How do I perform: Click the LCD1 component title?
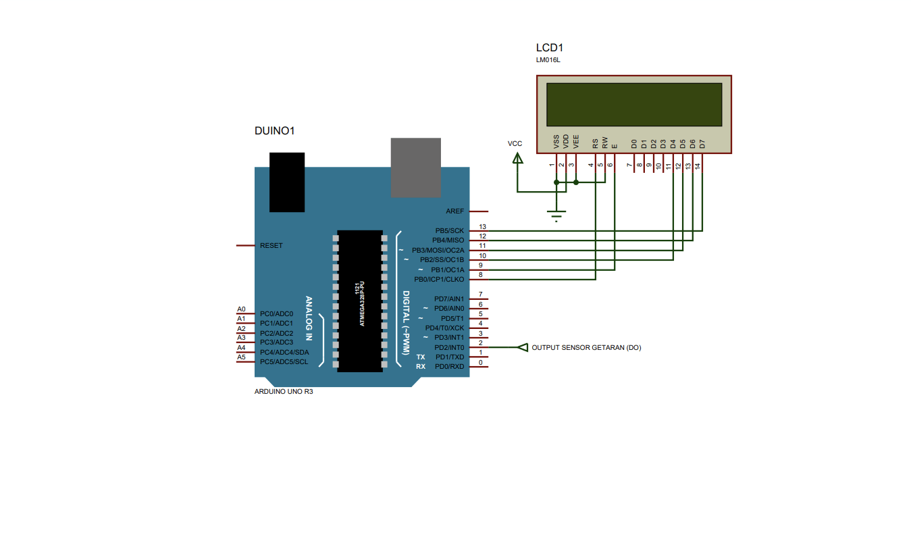pos(549,48)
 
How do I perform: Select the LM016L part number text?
pos(548,60)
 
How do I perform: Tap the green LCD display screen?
pos(633,105)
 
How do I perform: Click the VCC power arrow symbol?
pos(517,158)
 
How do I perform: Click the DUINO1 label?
pos(274,130)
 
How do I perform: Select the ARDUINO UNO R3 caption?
pos(284,391)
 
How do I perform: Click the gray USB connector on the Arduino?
pos(416,168)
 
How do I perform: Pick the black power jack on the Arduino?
pos(287,182)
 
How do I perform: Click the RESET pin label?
pos(271,246)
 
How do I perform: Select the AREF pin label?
pos(454,211)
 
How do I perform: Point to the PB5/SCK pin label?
pos(449,231)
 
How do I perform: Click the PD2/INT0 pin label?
pos(448,347)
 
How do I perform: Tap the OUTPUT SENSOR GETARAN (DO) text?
pos(586,348)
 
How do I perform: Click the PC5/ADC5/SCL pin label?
pos(284,362)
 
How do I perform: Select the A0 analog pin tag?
pos(241,309)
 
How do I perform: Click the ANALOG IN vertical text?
pos(309,317)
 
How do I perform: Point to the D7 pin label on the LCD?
pos(702,144)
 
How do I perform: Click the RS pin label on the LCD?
pos(595,143)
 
